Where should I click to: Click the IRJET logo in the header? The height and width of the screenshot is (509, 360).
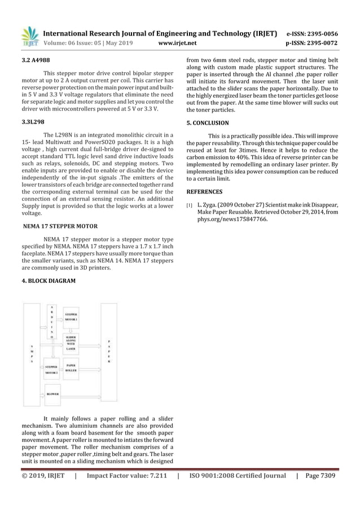[x=29, y=37]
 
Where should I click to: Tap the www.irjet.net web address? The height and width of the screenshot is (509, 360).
[x=178, y=42]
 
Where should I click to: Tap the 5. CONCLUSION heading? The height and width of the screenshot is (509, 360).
[x=208, y=122]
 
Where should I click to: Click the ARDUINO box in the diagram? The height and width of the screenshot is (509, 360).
[x=52, y=322]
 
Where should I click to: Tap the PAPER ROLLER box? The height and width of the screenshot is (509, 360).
[x=71, y=367]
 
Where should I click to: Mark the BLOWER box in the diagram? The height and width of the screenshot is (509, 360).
[x=54, y=394]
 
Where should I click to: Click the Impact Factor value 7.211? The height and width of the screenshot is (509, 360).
[x=126, y=475]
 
